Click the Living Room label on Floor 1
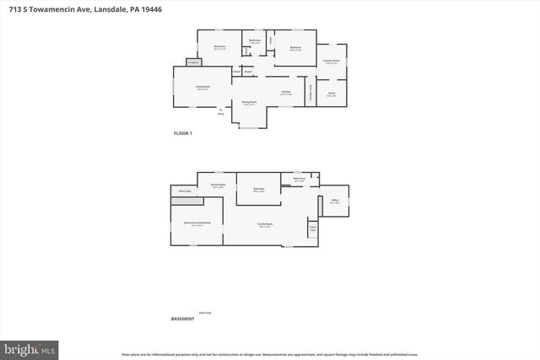pyautogui.click(x=203, y=87)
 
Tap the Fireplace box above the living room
pyautogui.click(x=192, y=62)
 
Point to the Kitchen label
pyautogui.click(x=286, y=92)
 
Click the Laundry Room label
pyautogui.click(x=331, y=61)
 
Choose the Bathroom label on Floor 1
pyautogui.click(x=255, y=40)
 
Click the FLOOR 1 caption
pyautogui.click(x=183, y=133)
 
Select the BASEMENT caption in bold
pyautogui.click(x=183, y=320)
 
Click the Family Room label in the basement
pyautogui.click(x=266, y=224)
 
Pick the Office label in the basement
pyautogui.click(x=334, y=201)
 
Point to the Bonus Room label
pyautogui.click(x=218, y=185)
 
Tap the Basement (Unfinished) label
pyautogui.click(x=197, y=223)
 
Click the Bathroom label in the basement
pyautogui.click(x=299, y=179)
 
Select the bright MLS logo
pyautogui.click(x=30, y=348)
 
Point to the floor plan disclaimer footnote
pyautogui.click(x=269, y=354)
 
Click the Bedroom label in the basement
pyautogui.click(x=259, y=189)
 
